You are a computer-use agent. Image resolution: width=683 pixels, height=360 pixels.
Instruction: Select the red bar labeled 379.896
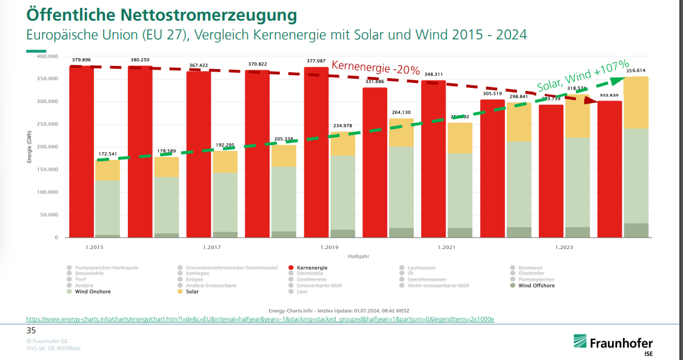[x=81, y=152]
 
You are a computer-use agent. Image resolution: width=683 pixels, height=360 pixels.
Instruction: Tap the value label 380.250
[x=140, y=60]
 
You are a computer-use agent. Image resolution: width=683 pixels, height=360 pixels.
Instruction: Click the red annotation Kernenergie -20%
[x=375, y=68]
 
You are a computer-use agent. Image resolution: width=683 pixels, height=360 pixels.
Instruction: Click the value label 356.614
[x=636, y=71]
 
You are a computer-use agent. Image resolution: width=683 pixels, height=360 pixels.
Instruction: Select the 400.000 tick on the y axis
[x=47, y=56]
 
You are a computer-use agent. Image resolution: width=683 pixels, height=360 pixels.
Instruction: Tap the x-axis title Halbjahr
[x=358, y=256]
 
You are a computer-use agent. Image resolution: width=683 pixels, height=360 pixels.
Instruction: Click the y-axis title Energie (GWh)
[x=28, y=147]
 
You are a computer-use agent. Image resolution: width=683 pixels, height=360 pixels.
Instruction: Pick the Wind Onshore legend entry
[x=90, y=292]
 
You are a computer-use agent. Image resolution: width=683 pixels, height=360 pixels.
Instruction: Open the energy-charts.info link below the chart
[x=260, y=319]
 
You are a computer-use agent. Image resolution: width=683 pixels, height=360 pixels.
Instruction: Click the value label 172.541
[x=107, y=155]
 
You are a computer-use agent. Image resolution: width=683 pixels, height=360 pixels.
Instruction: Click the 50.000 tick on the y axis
[x=48, y=215]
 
